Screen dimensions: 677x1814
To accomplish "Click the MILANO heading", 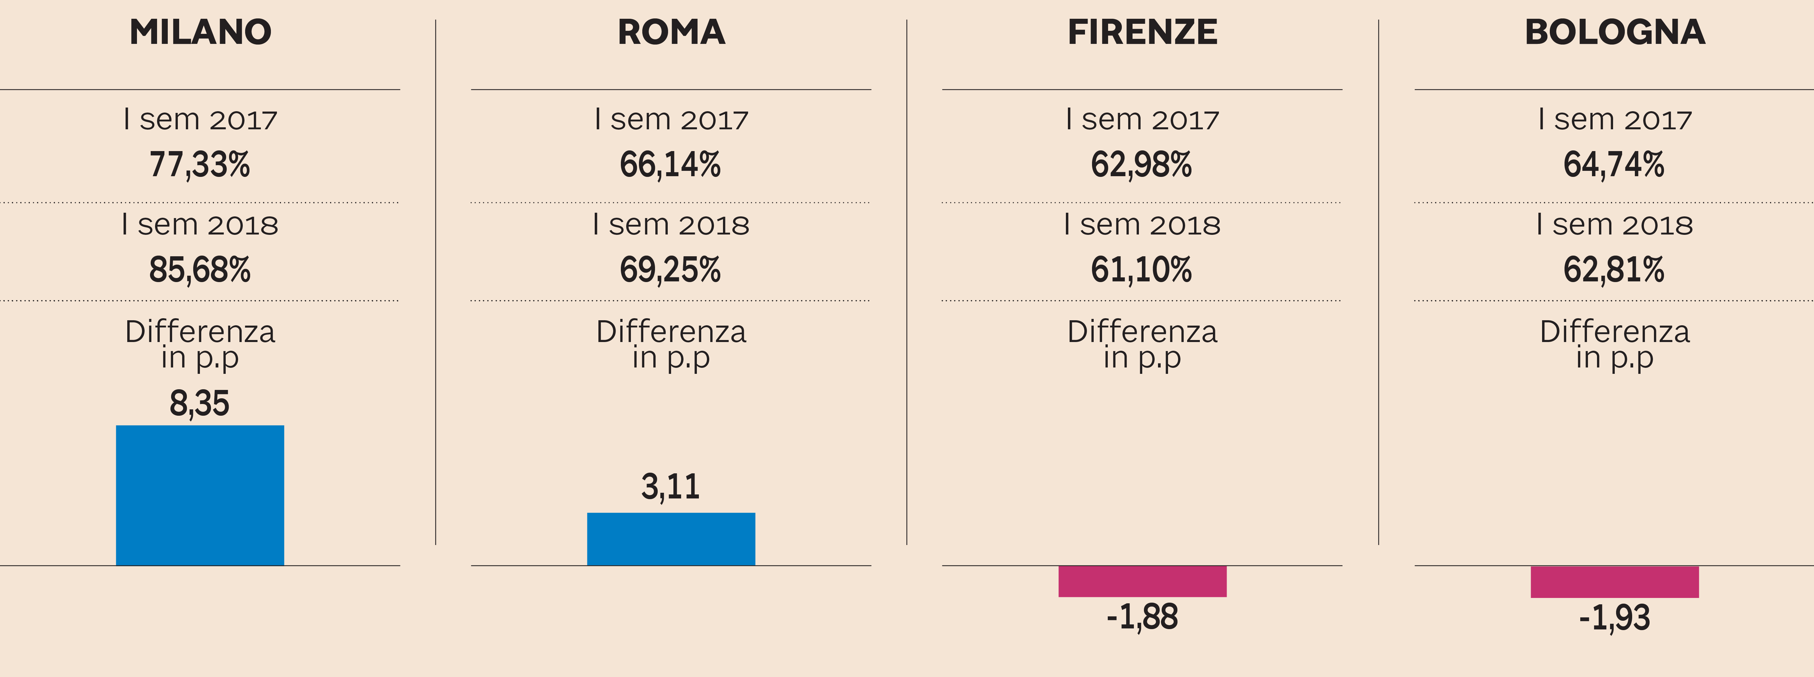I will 200,32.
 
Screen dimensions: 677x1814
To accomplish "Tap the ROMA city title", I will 671,32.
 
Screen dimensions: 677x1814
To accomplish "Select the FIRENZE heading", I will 1142,32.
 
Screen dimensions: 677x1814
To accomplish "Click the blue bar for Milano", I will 200,495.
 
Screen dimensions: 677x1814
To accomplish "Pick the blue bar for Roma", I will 671,539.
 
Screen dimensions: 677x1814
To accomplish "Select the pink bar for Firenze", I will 1142,581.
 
